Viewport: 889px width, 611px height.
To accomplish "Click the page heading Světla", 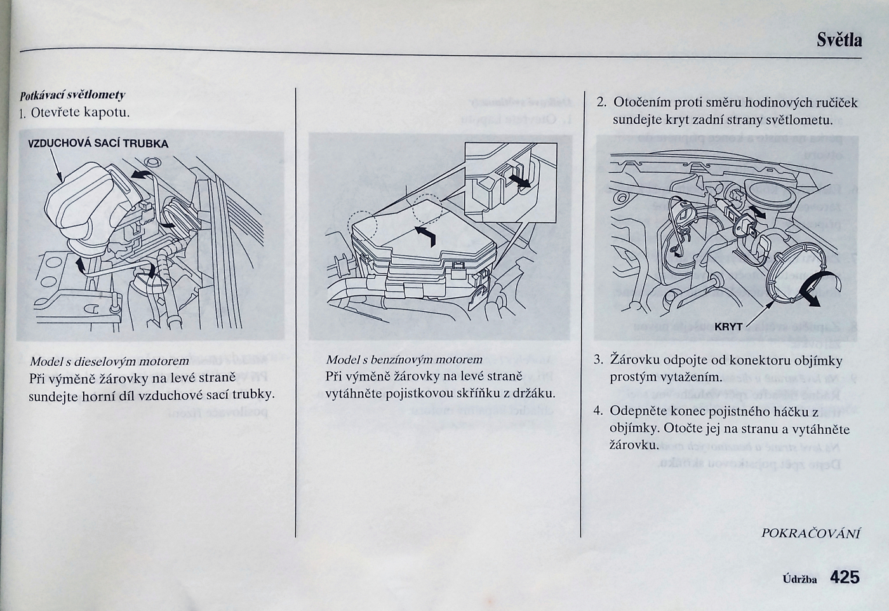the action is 839,41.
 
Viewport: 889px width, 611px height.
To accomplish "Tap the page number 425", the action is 844,577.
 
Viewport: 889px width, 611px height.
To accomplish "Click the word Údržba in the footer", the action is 799,579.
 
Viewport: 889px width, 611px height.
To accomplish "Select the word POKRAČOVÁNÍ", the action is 810,533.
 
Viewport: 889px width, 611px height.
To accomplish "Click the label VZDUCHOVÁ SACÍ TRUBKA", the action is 98,144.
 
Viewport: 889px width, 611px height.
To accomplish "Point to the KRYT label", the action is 728,326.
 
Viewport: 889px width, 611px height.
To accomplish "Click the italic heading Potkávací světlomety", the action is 72,95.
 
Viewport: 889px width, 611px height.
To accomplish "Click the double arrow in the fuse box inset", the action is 519,180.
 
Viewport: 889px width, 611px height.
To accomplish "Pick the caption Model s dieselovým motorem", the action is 109,361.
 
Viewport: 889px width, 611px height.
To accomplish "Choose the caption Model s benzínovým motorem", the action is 404,359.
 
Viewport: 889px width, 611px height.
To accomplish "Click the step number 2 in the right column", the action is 601,102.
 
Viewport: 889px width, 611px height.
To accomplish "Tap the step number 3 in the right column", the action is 598,359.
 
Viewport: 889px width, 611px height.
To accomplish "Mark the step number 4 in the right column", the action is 598,410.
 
